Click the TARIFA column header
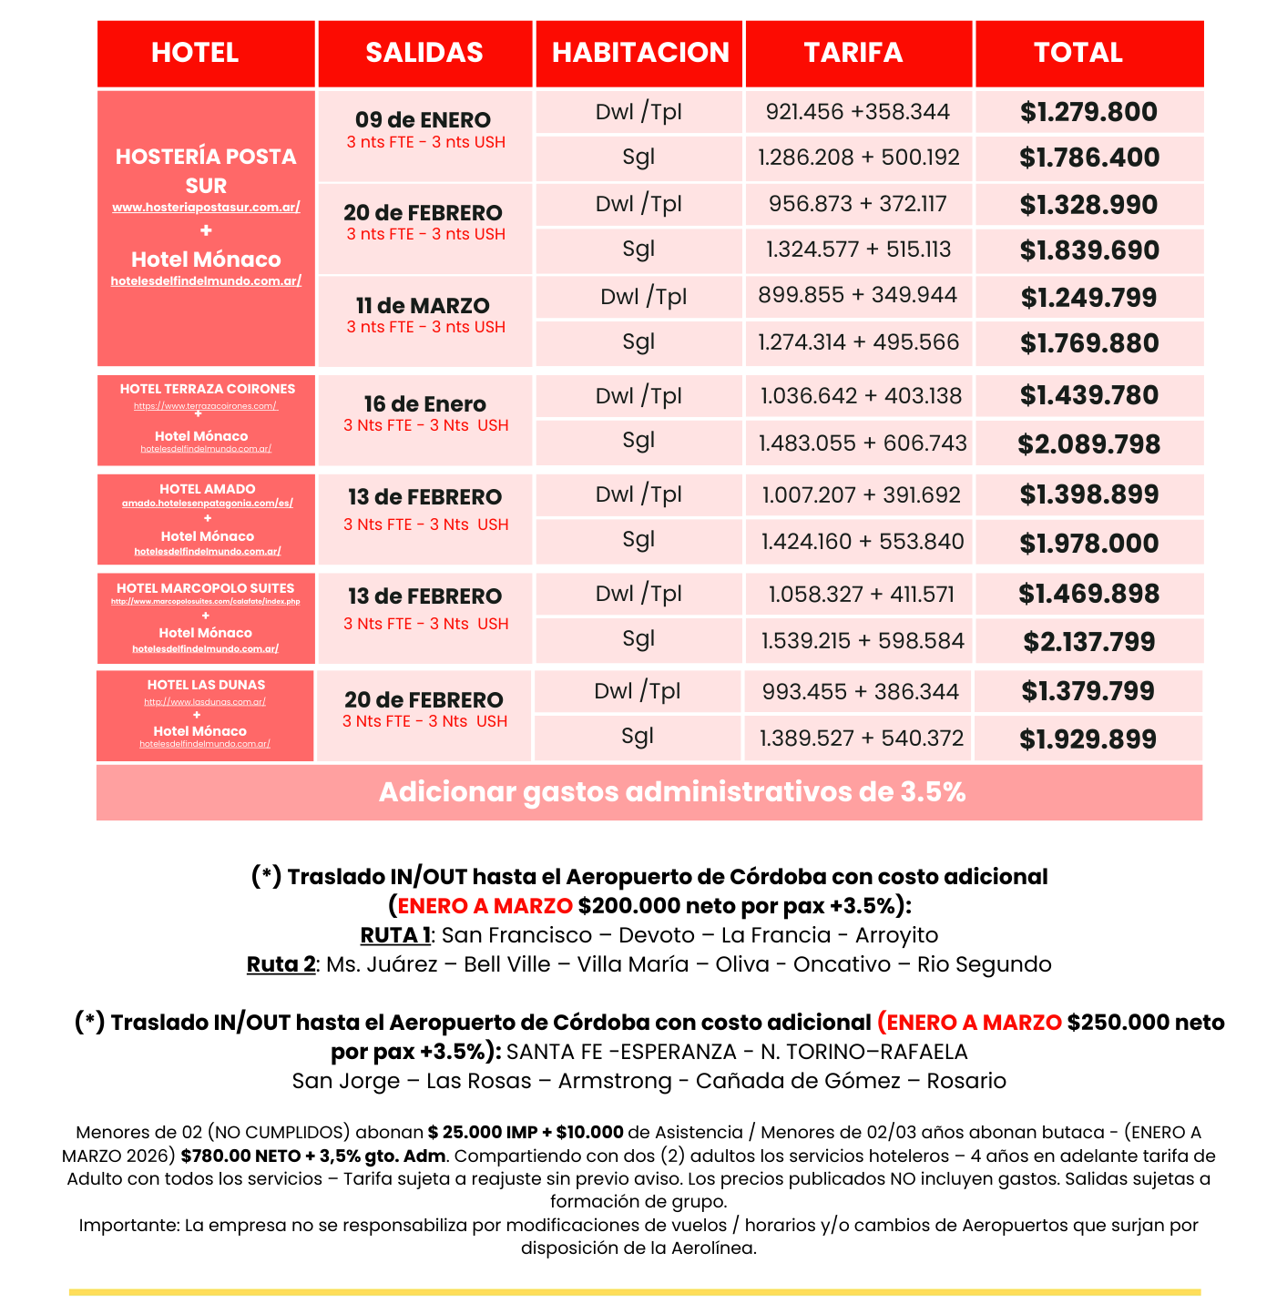(853, 53)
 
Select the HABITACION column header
(640, 53)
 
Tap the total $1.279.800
(1088, 112)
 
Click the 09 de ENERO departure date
(423, 120)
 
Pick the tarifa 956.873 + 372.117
(858, 204)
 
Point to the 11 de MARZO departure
(423, 306)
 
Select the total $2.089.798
(1088, 444)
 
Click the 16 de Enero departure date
(424, 404)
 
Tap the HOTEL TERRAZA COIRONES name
(208, 389)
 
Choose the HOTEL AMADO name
(208, 489)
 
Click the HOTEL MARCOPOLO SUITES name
(206, 588)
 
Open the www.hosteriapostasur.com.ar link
(206, 208)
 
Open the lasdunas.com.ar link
(205, 702)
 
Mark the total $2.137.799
(1088, 642)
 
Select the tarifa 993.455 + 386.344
(860, 692)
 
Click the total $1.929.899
(1088, 739)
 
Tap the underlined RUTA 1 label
(395, 935)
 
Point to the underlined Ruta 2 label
(281, 964)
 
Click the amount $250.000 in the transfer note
(1118, 1023)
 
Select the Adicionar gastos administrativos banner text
(671, 792)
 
